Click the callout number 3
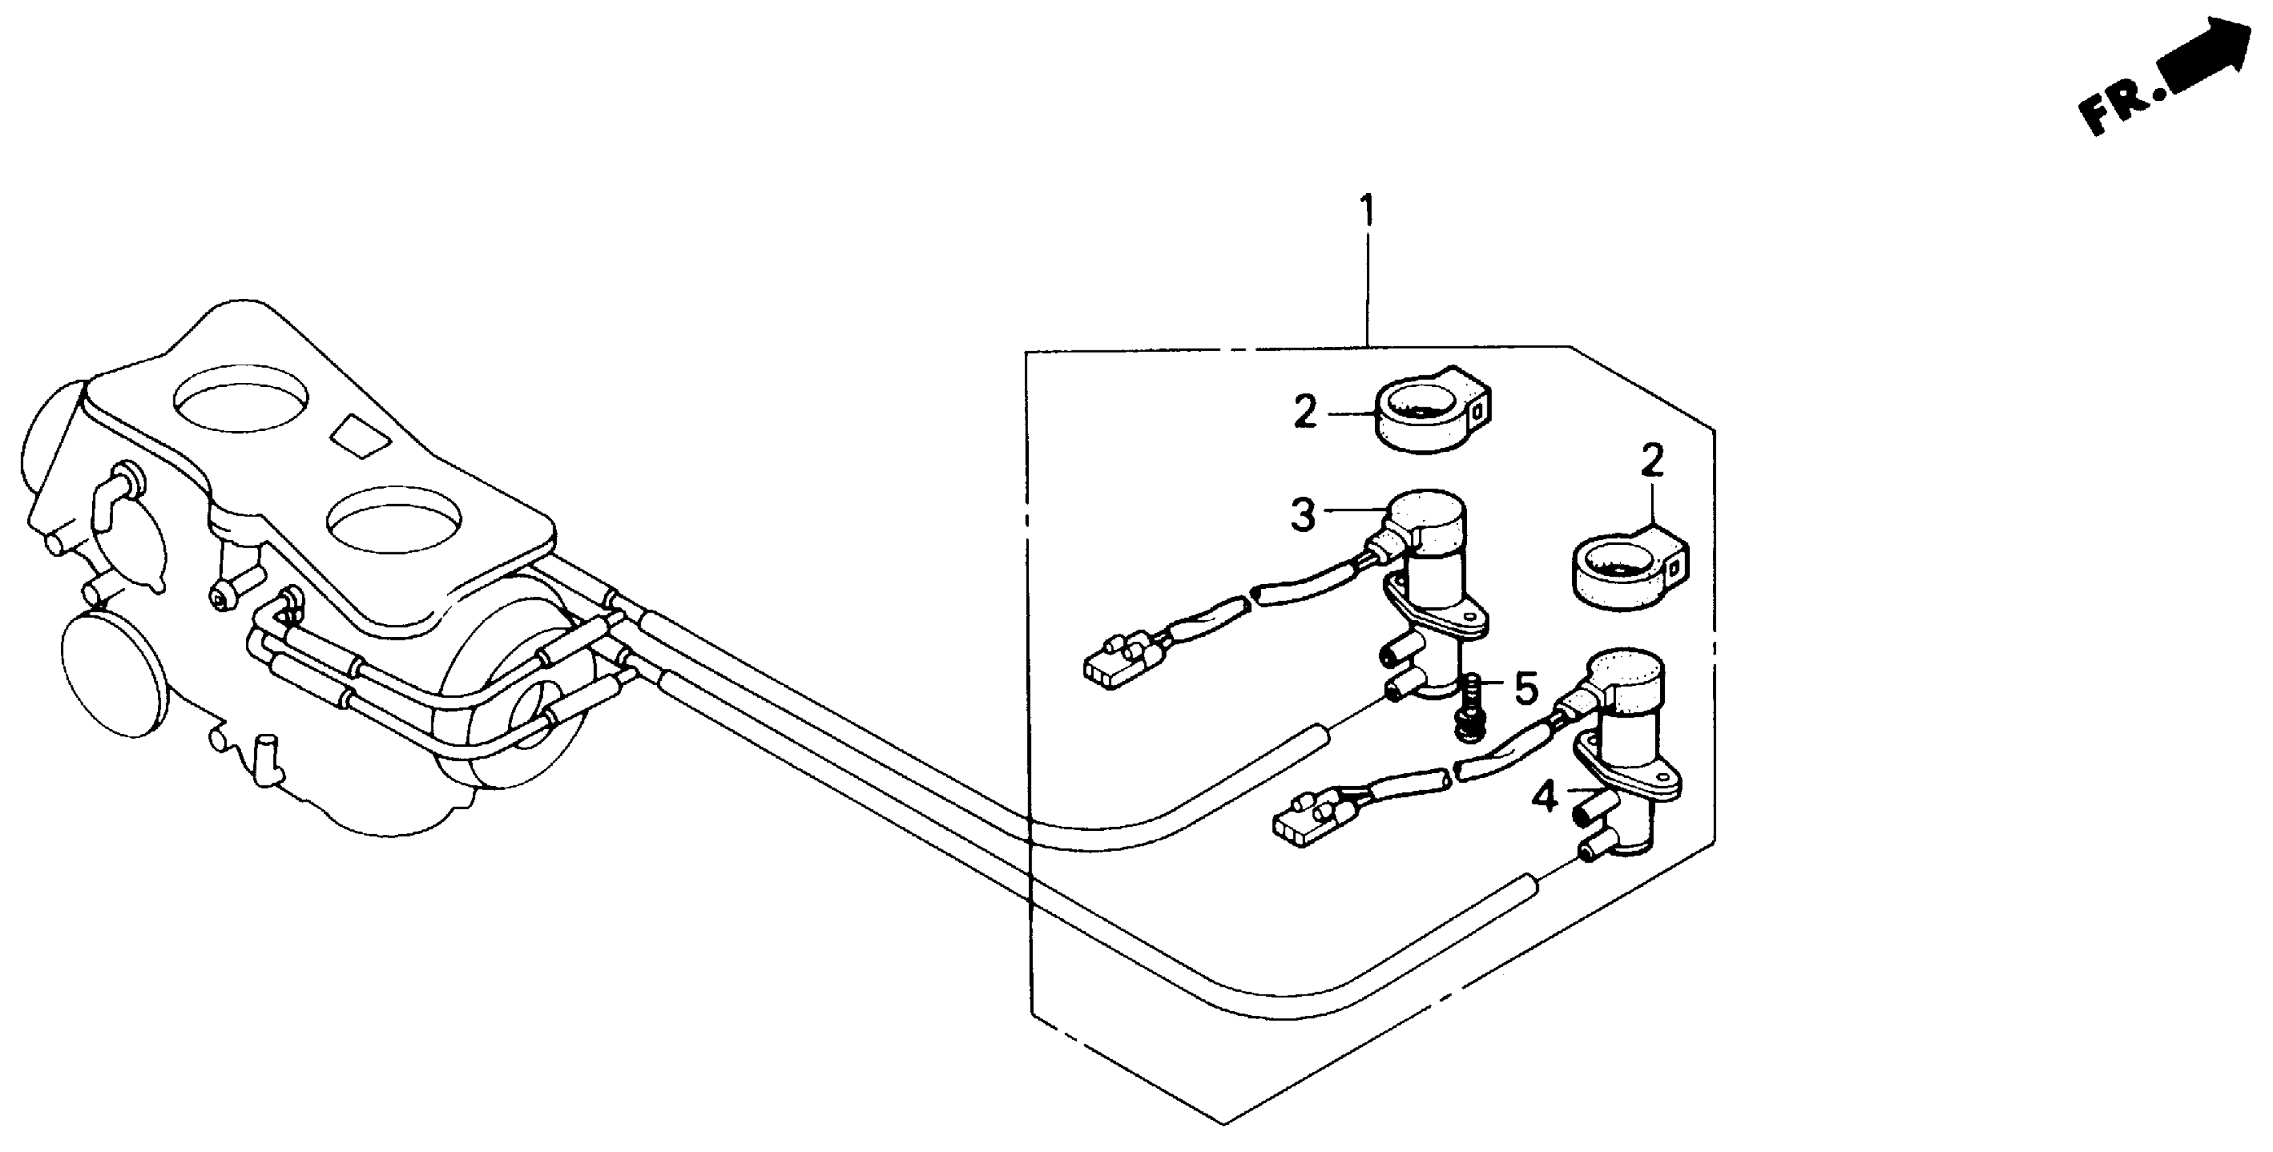coord(1303,516)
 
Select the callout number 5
coord(1527,688)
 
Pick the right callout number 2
coord(1652,461)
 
